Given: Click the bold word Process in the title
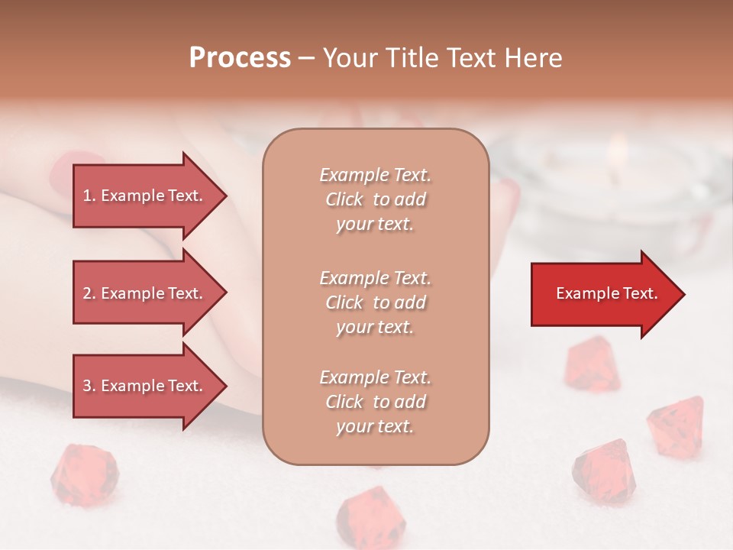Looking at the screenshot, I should tap(240, 58).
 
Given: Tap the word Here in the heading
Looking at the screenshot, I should tap(532, 58).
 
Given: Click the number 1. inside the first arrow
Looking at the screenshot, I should tap(89, 196).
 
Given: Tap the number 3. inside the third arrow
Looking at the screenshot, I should tap(89, 386).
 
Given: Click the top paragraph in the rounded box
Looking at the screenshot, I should tap(375, 199).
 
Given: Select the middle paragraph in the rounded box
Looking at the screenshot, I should tap(375, 302).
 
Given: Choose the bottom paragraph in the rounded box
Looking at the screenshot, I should tap(375, 402).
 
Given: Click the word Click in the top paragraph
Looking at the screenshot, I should tap(344, 199).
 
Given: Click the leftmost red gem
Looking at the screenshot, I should tap(84, 475).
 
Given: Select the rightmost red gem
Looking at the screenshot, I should tap(676, 424).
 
